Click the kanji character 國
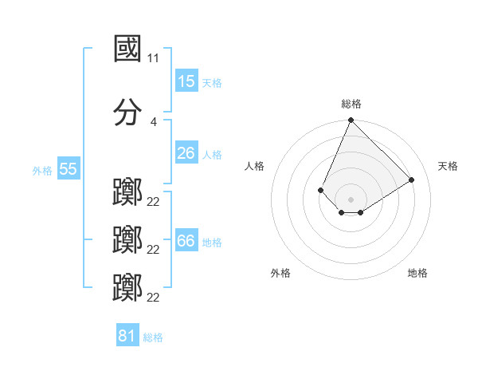[x=128, y=49]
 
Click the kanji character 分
[x=128, y=112]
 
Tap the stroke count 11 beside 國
[x=154, y=58]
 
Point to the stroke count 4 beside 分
[x=154, y=121]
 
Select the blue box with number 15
[x=186, y=81]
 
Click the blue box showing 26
[x=186, y=153]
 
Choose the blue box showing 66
[x=186, y=241]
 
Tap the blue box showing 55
[x=68, y=169]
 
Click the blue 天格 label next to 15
[x=212, y=82]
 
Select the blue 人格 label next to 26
[x=212, y=154]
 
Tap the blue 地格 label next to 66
[x=212, y=242]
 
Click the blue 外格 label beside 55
[x=42, y=170]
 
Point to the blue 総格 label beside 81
[x=153, y=337]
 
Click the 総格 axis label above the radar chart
[x=351, y=104]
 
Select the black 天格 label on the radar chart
[x=449, y=166]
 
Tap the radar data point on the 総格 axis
[x=351, y=120]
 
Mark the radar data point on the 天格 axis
[x=412, y=180]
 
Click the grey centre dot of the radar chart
[x=351, y=199]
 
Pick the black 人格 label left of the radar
[x=255, y=166]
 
